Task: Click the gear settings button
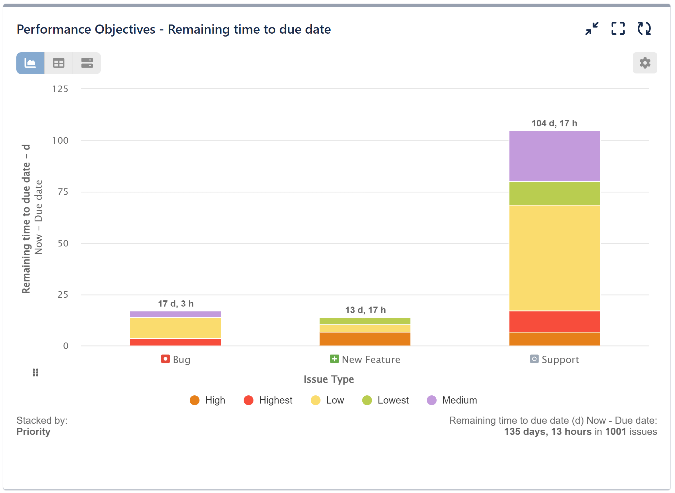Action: [x=644, y=63]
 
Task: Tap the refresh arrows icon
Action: [x=644, y=29]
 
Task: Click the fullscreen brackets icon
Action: [x=618, y=29]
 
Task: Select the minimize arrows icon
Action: [x=592, y=29]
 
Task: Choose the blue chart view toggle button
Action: [x=30, y=63]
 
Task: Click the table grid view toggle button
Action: [x=59, y=63]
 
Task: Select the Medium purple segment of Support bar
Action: [x=554, y=156]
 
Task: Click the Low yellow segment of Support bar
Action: [x=554, y=258]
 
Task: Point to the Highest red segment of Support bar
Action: [x=554, y=321]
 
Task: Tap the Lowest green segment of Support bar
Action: [x=554, y=193]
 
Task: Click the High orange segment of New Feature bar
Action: [x=365, y=339]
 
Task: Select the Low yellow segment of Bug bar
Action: [x=175, y=328]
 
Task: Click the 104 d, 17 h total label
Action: [x=554, y=123]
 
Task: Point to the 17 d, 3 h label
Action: [x=176, y=304]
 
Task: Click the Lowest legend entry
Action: [x=386, y=400]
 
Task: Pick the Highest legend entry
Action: [x=268, y=400]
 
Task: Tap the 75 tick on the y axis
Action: [x=63, y=192]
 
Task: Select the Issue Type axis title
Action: [x=329, y=379]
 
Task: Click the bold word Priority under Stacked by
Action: [x=33, y=432]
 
